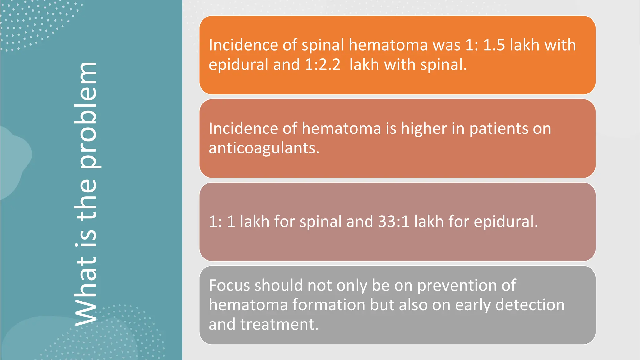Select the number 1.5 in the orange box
point(494,45)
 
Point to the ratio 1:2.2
point(322,65)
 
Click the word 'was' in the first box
point(447,45)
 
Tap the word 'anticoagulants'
point(264,148)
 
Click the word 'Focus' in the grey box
point(229,286)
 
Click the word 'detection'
point(530,305)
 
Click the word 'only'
point(347,286)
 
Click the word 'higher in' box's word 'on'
point(542,128)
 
